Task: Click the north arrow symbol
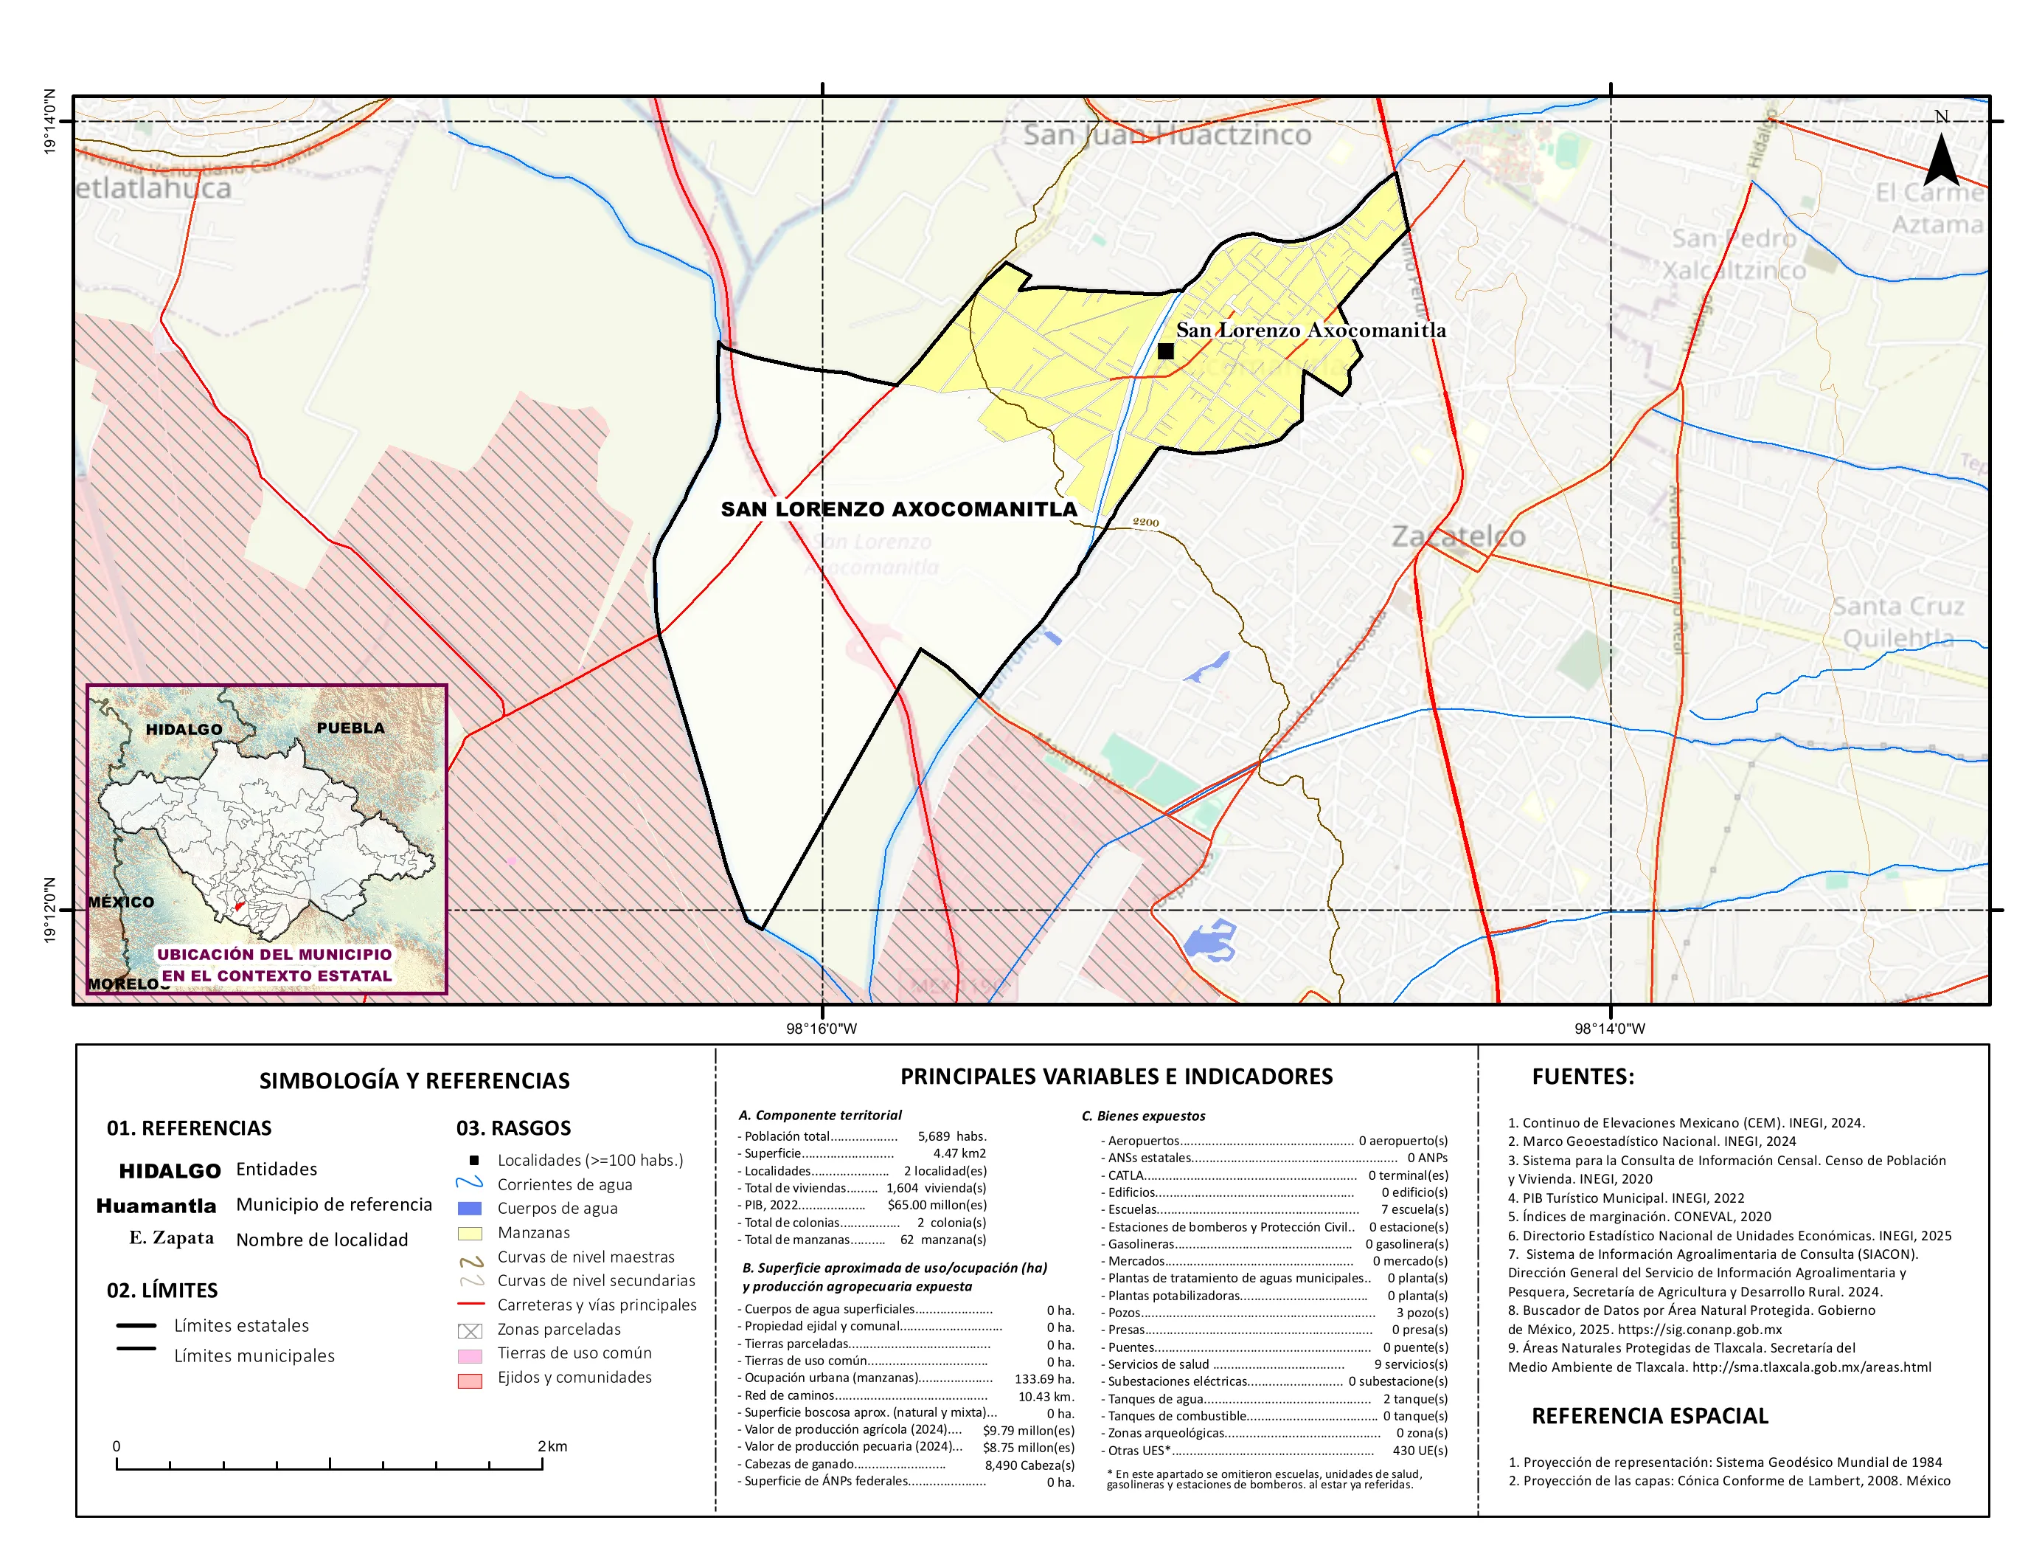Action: [1941, 160]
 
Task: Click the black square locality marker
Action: [1165, 351]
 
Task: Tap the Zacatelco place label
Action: [1458, 537]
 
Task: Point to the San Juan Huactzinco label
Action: [1167, 136]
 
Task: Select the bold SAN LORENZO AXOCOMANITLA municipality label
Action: [899, 509]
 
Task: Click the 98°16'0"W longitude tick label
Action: [822, 1029]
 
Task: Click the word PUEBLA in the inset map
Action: [350, 728]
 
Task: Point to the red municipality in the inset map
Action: [239, 905]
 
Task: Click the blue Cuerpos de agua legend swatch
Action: [470, 1209]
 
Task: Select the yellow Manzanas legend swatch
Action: [470, 1234]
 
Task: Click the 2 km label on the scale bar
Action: [552, 1446]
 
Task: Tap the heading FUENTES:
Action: [1583, 1077]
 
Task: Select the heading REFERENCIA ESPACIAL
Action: [1649, 1416]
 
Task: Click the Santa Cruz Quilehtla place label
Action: [1897, 622]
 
